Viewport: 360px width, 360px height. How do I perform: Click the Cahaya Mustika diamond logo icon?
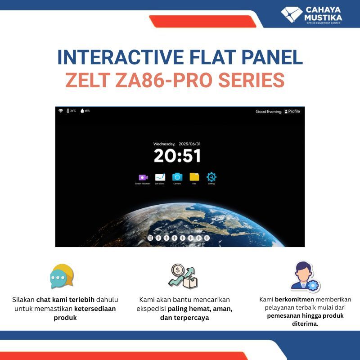(292, 14)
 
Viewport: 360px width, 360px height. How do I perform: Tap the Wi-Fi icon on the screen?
(60, 111)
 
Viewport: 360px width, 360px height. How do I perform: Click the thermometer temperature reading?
(71, 111)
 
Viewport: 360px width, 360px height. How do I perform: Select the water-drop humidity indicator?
(85, 111)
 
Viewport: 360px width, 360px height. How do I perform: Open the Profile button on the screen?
(292, 112)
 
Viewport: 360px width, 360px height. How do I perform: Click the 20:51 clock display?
(177, 156)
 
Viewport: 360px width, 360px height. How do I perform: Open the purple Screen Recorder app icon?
(143, 177)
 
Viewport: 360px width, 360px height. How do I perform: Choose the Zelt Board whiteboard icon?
(160, 177)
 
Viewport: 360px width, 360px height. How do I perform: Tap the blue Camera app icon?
(177, 177)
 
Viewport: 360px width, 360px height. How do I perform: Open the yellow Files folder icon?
(194, 177)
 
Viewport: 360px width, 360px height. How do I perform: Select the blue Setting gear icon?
(211, 177)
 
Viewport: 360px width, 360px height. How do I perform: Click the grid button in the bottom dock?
(150, 238)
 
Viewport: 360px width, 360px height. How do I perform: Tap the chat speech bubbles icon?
(62, 276)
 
